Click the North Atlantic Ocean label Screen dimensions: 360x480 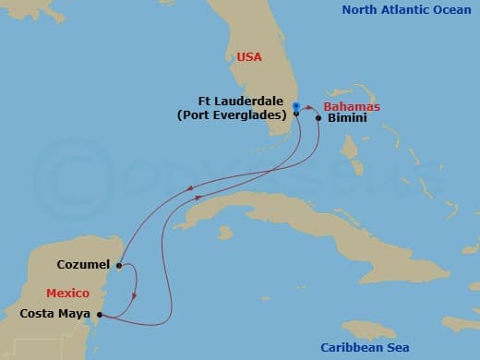pos(407,10)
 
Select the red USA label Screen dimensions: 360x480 pos(248,57)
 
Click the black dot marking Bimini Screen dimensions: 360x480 pos(318,118)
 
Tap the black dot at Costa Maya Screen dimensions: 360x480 pos(100,315)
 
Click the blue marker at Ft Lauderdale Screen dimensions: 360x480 pos(295,106)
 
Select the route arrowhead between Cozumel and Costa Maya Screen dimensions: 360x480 pos(136,296)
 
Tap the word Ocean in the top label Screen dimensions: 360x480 pos(452,10)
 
